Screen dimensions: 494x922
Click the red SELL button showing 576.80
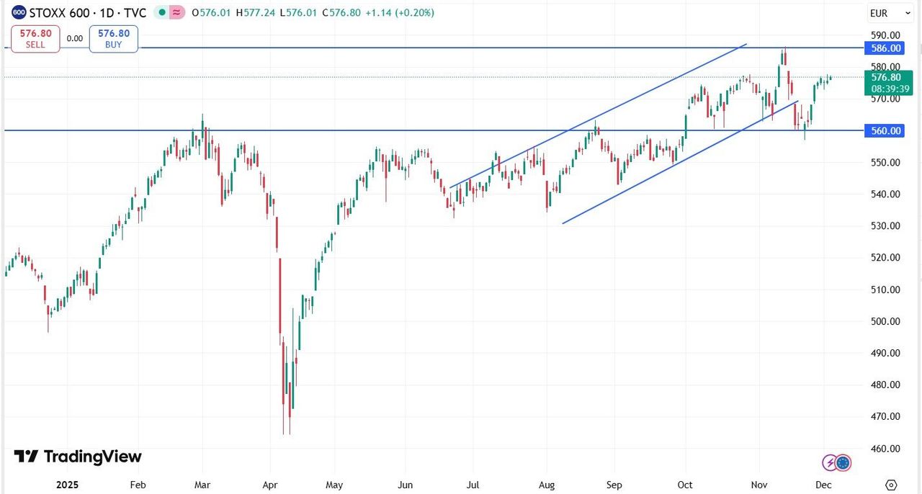click(x=35, y=39)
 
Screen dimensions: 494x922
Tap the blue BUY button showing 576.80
click(x=114, y=39)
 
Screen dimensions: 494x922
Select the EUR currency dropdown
click(x=882, y=13)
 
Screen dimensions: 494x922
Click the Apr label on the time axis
click(x=270, y=485)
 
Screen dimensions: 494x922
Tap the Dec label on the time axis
click(x=823, y=485)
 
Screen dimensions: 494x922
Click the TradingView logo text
click(x=92, y=457)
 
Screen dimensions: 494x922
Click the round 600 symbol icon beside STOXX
click(x=19, y=13)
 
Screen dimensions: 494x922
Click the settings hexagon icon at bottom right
click(x=891, y=485)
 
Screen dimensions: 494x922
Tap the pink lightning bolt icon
click(x=830, y=462)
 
